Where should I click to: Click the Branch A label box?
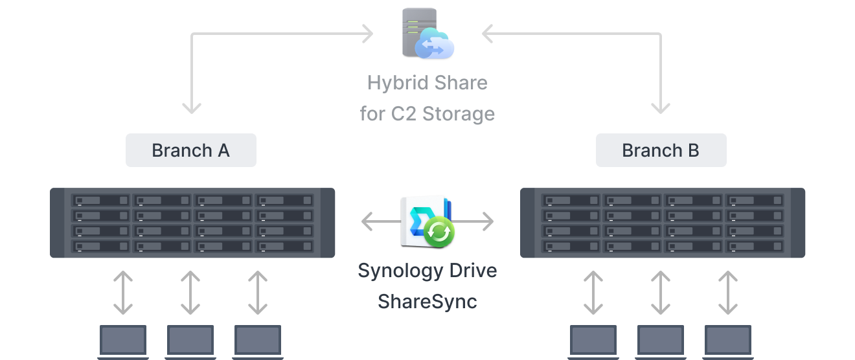coord(190,150)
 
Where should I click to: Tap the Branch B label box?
coord(661,150)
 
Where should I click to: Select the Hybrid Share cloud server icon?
coord(427,34)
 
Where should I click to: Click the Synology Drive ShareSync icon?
coord(427,222)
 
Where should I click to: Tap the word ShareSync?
coord(427,301)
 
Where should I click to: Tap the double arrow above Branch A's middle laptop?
coord(190,293)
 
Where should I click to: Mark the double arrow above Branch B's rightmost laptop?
coord(728,293)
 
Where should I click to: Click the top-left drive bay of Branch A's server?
coord(100,201)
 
